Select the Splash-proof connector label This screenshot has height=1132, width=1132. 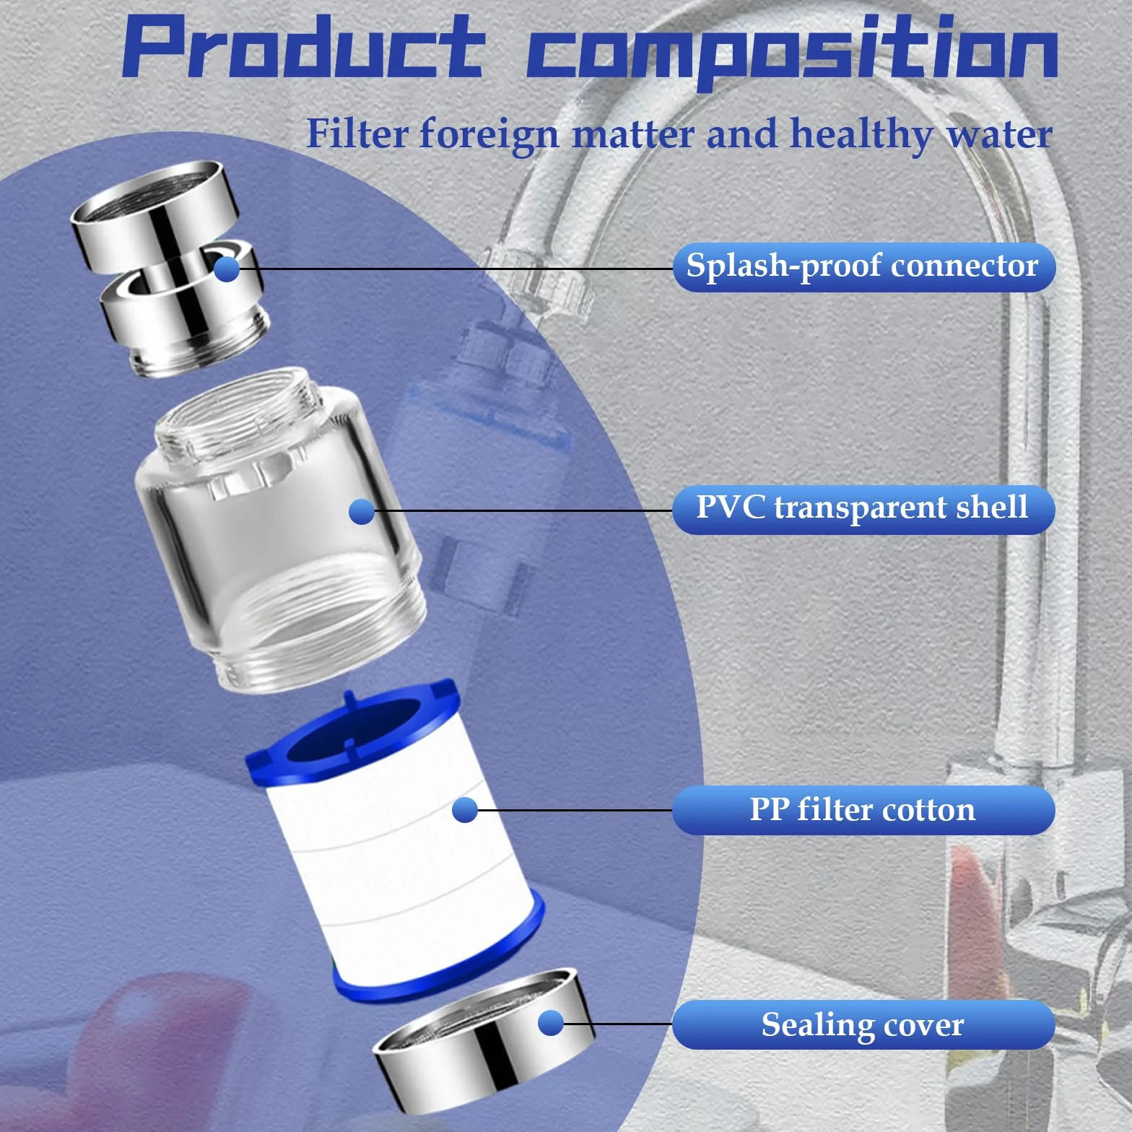863,267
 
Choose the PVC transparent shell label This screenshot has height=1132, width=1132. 863,509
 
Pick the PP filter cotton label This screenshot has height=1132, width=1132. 863,810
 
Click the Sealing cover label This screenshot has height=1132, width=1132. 863,1024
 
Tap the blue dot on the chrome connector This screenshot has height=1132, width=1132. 227,269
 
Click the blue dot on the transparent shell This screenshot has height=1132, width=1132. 362,512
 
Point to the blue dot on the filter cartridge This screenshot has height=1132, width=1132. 465,810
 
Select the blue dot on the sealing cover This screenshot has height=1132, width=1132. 551,1023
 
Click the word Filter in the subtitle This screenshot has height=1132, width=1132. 357,134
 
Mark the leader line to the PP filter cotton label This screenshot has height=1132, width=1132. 575,810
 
